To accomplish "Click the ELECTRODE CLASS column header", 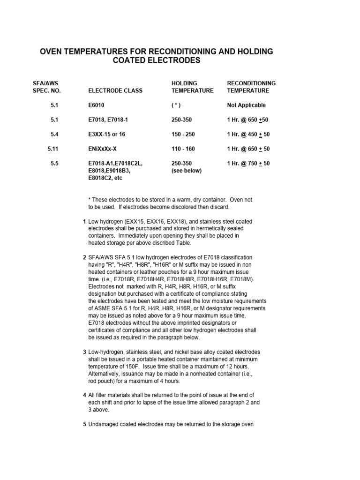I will [115, 90].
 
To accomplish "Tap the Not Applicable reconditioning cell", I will [246, 105].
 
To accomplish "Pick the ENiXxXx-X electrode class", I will [107, 149].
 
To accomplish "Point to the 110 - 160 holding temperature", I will [183, 149].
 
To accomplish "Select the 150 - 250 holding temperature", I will [183, 135].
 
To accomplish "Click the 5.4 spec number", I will [54, 135].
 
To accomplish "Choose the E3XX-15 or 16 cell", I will [107, 135].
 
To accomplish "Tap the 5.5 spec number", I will [54, 164].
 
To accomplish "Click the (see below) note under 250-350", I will [187, 171].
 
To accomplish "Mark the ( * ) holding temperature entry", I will [176, 105].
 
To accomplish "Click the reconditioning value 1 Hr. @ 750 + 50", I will [248, 164].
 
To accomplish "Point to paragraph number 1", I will [84, 221].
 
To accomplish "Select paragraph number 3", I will [84, 352].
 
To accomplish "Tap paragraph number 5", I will [84, 425].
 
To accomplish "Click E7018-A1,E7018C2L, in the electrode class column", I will [115, 164].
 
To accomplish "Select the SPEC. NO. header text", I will [47, 90].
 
